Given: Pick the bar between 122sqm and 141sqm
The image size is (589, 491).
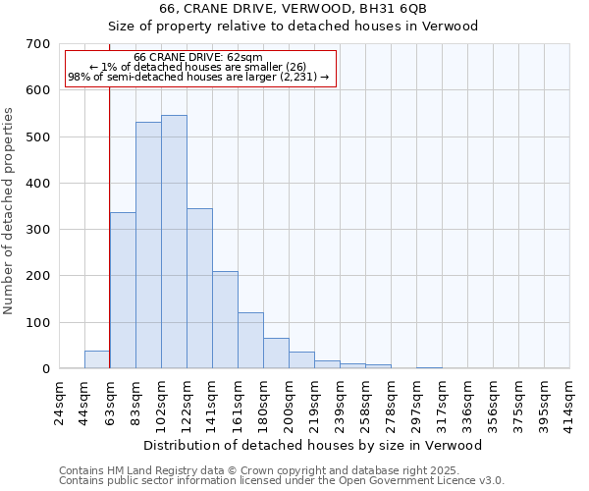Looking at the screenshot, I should tap(199, 289).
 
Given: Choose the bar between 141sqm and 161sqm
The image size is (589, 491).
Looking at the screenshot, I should tap(225, 320).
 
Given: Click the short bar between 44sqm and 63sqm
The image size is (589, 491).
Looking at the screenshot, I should tap(97, 359).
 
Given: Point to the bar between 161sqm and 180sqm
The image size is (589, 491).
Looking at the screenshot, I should tap(250, 341).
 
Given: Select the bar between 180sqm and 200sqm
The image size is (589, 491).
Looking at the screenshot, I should tap(276, 354).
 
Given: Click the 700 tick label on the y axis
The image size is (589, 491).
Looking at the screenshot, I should tap(38, 44).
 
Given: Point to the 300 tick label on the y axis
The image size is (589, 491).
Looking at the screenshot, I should tap(38, 230).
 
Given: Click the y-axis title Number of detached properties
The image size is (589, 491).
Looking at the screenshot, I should tap(9, 211).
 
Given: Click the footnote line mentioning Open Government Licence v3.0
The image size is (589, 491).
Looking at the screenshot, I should tap(282, 481).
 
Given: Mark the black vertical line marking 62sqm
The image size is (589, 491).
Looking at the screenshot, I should tap(109, 196).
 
